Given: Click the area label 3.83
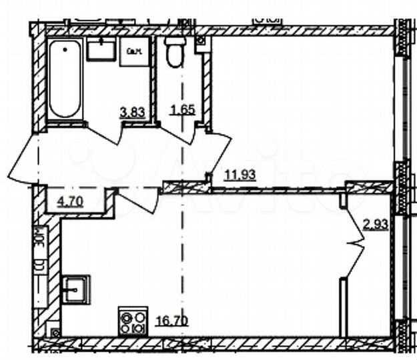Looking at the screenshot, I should tap(132, 113).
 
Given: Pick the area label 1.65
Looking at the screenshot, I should tap(182, 110).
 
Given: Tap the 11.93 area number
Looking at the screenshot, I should tap(241, 175).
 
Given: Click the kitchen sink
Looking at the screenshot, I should tap(75, 289).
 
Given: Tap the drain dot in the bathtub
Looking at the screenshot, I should tap(65, 48).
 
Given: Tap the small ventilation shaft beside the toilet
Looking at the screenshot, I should tap(200, 42).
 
